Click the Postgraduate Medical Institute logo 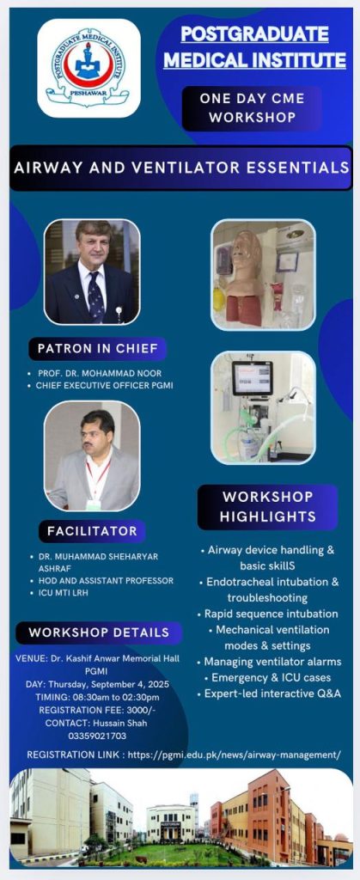tap(88, 68)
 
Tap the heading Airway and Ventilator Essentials tap(180, 168)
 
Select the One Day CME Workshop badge tap(253, 108)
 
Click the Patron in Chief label tap(98, 349)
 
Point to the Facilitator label tap(92, 531)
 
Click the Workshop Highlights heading tap(267, 507)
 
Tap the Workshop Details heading tap(99, 632)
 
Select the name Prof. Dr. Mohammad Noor tap(100, 373)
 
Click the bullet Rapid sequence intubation tap(271, 614)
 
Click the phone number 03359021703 tap(97, 736)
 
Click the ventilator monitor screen tap(253, 378)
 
